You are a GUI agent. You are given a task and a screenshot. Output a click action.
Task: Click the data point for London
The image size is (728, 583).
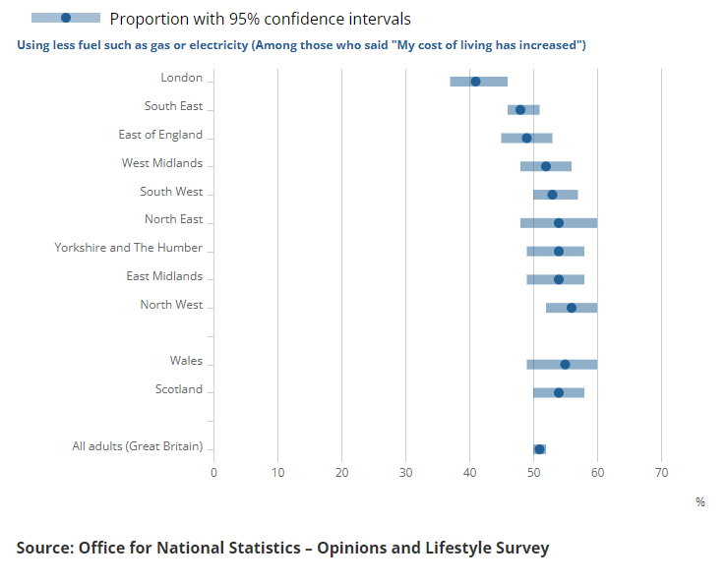coord(475,82)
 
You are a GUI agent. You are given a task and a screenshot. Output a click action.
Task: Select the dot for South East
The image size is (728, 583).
coord(520,110)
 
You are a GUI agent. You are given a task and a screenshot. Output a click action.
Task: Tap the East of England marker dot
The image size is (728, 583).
coord(526,139)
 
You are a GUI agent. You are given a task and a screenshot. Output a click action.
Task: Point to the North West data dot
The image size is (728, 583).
coord(572,308)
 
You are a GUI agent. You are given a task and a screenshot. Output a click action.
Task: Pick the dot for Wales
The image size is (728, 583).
coord(565,365)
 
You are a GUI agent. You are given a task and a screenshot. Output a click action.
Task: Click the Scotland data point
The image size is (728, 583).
coord(559,392)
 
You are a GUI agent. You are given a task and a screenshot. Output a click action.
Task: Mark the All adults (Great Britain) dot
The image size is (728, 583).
coord(539,449)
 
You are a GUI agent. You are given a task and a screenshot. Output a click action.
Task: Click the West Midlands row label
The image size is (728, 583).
coord(162,163)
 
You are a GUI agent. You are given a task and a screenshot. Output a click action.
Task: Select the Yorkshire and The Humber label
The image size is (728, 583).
coord(129,248)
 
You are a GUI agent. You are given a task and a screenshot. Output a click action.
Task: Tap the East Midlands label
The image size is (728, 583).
coord(164,276)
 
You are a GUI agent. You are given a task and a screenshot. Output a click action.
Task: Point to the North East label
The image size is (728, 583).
coord(173,219)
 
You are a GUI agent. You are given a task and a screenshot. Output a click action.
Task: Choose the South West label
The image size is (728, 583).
coord(171,192)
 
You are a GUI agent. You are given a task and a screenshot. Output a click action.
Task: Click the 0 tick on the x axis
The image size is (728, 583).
coord(214,473)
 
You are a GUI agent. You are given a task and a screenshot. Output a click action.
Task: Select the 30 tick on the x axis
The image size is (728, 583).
coord(406,473)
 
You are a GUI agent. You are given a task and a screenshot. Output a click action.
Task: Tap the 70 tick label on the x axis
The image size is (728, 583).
coord(661,473)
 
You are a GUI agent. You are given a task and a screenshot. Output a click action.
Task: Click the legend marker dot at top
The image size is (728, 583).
coord(66,19)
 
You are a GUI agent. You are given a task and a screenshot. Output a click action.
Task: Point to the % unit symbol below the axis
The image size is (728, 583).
coord(700,502)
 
